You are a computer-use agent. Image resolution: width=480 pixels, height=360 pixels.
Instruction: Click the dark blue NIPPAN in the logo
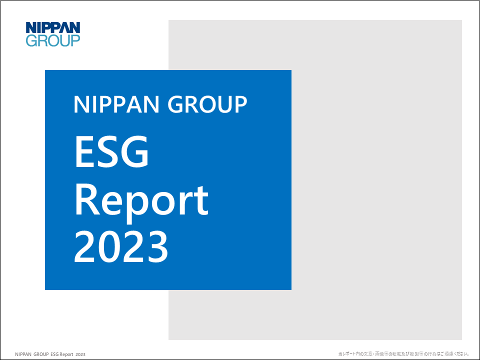pyautogui.click(x=53, y=27)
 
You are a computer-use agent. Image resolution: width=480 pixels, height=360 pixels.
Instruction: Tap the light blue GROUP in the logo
pyautogui.click(x=53, y=40)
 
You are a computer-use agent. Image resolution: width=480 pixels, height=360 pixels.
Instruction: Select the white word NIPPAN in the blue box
pyautogui.click(x=116, y=104)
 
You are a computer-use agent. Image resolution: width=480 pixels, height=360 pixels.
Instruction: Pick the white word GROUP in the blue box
pyautogui.click(x=207, y=104)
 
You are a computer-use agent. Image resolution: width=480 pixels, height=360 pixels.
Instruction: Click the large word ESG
pyautogui.click(x=111, y=152)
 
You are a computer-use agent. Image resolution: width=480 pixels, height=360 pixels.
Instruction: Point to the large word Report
pyautogui.click(x=141, y=200)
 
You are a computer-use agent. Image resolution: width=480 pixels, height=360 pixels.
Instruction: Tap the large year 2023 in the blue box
pyautogui.click(x=121, y=247)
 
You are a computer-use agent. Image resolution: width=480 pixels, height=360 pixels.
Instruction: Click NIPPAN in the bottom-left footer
pyautogui.click(x=23, y=354)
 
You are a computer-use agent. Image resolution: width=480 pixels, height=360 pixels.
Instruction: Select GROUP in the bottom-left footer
pyautogui.click(x=41, y=354)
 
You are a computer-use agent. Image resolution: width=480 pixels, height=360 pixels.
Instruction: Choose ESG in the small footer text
pyautogui.click(x=54, y=354)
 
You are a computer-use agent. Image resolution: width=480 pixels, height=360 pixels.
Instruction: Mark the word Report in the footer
pyautogui.click(x=66, y=354)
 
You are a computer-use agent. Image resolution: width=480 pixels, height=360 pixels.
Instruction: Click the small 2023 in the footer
pyautogui.click(x=80, y=354)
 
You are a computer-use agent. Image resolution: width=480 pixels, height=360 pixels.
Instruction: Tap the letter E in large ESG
pyautogui.click(x=84, y=152)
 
